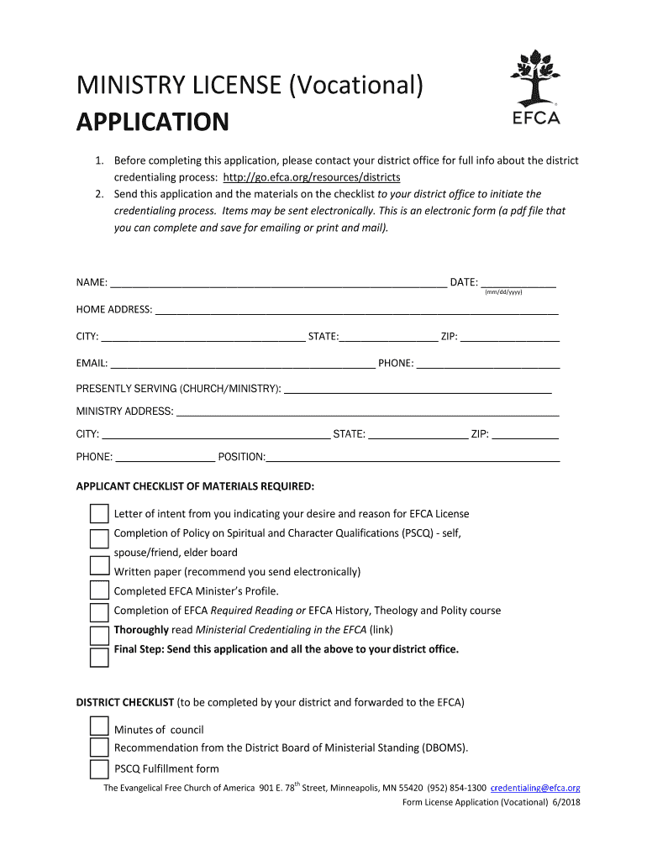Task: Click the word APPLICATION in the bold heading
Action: coord(152,123)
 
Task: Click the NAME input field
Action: coord(277,282)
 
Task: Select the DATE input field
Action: coord(518,282)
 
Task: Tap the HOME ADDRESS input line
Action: coord(357,309)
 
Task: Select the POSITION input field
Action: coord(413,457)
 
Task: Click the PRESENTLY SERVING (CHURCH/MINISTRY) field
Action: coord(418,389)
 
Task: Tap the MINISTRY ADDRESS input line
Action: coord(367,412)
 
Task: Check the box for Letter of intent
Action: coord(99,514)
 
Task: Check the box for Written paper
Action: coord(99,572)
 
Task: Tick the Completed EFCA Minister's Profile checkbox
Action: coord(99,592)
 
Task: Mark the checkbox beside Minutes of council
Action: coord(99,727)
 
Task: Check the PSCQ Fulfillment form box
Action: coord(99,768)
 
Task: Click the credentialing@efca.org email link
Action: coord(535,788)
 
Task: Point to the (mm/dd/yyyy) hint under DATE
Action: coord(504,292)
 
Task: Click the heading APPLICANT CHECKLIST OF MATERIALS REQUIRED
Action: coord(196,486)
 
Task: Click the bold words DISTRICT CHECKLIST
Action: coord(125,701)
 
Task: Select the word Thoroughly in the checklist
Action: coord(141,630)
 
